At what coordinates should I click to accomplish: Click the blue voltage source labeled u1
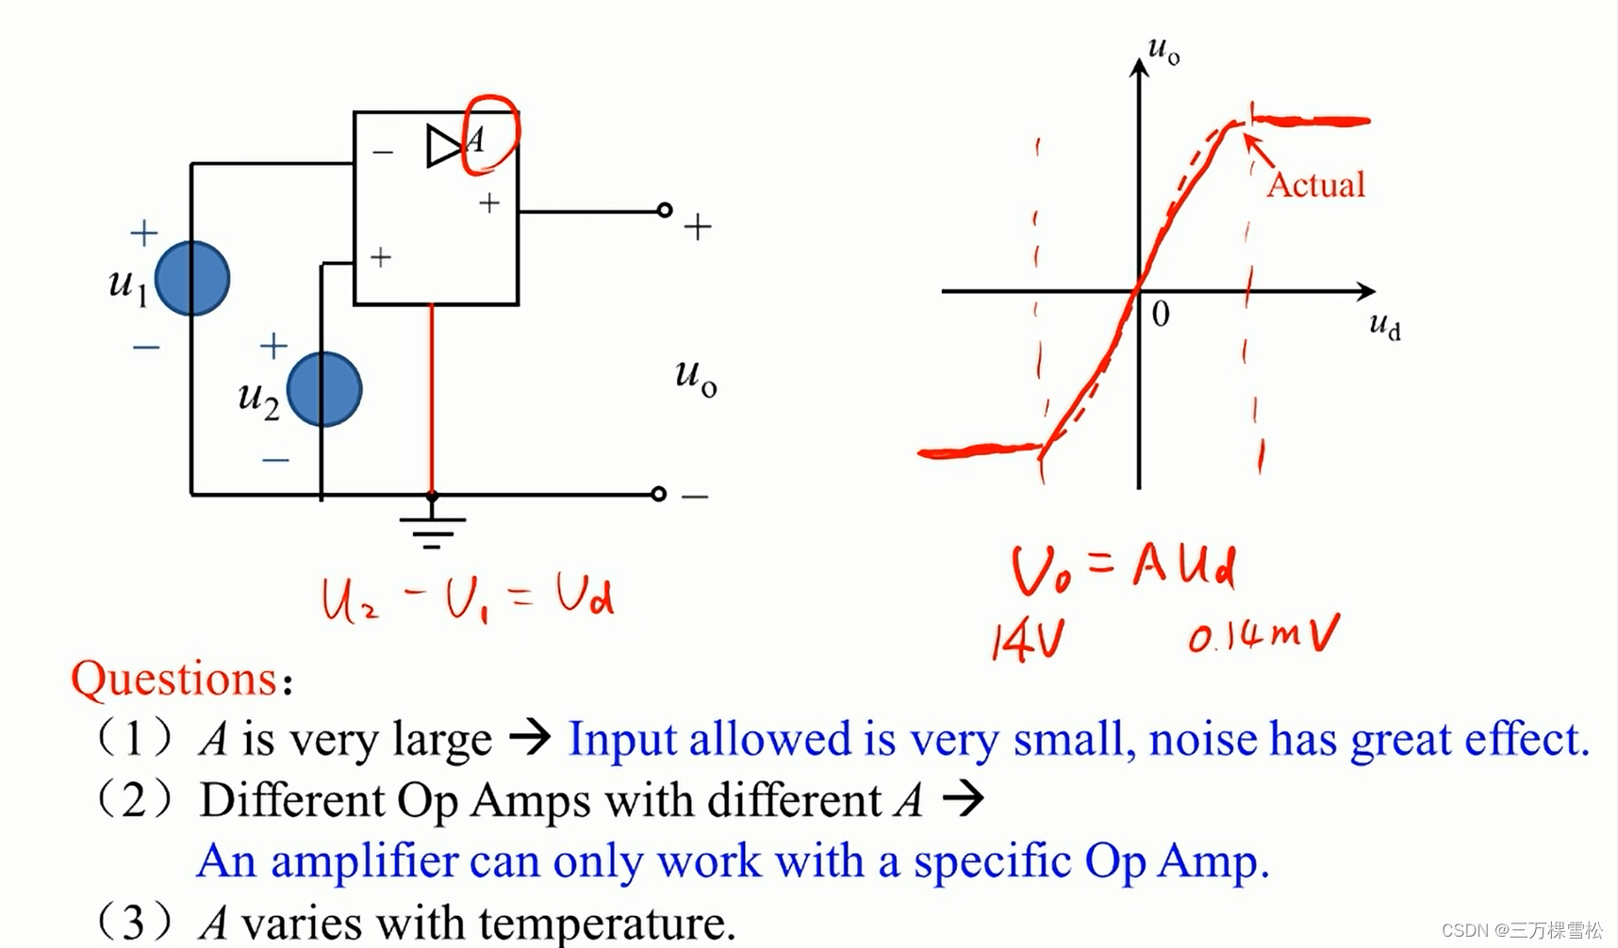click(x=192, y=279)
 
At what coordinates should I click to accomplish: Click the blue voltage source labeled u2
click(x=324, y=389)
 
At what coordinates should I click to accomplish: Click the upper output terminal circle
click(x=665, y=210)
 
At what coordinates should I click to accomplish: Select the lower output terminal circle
click(x=659, y=494)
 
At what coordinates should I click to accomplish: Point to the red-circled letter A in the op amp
click(x=476, y=140)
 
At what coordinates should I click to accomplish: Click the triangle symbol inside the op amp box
click(x=442, y=146)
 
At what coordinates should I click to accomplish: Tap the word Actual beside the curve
click(x=1315, y=185)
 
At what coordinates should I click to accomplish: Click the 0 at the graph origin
click(x=1161, y=314)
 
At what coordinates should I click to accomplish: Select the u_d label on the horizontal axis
click(x=1384, y=326)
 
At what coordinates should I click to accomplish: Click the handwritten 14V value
click(x=1028, y=642)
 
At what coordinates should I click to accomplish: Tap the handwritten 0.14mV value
click(x=1263, y=635)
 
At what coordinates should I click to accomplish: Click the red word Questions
click(x=174, y=678)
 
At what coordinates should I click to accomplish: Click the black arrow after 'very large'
click(x=531, y=737)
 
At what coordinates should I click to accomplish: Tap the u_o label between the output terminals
click(x=696, y=377)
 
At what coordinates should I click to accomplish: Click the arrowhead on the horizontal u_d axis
click(x=1366, y=291)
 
